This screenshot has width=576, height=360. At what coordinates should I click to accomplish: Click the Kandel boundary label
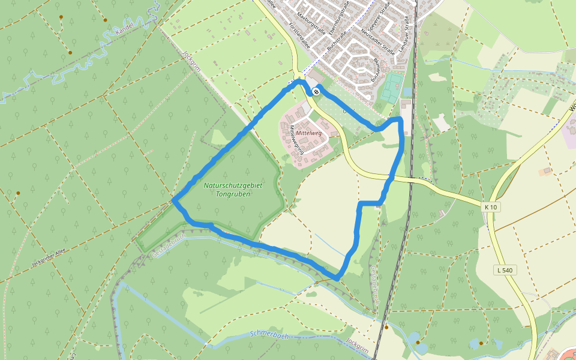click(x=124, y=28)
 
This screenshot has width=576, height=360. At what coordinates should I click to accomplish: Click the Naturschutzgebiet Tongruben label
click(x=233, y=190)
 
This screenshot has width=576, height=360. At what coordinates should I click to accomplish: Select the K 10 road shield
click(x=490, y=207)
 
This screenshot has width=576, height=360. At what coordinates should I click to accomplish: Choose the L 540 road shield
click(x=505, y=270)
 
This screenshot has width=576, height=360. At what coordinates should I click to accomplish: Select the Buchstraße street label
click(x=334, y=37)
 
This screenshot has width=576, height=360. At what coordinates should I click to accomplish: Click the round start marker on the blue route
click(x=316, y=91)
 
